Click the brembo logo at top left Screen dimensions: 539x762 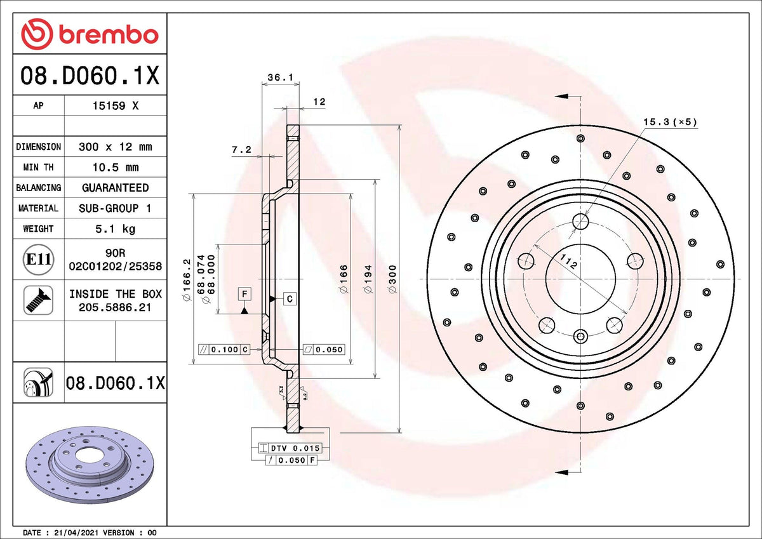[90, 34]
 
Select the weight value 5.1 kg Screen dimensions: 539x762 [115, 229]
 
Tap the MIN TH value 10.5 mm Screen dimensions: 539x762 [115, 168]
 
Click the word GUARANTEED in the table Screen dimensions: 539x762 [115, 188]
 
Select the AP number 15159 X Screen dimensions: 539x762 [115, 106]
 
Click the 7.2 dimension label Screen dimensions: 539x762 [241, 150]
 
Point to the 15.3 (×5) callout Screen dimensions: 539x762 [670, 121]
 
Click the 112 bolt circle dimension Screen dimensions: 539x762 [568, 261]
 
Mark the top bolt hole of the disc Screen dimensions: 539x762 [580, 221]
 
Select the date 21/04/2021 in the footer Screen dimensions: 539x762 [74, 533]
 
